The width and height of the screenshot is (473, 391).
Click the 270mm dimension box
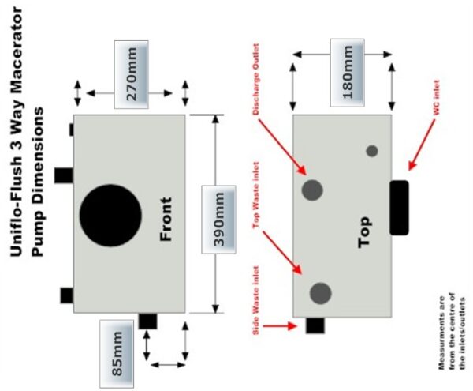(x=131, y=74)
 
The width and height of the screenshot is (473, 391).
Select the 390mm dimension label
(x=218, y=220)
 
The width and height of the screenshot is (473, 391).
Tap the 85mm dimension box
(x=117, y=354)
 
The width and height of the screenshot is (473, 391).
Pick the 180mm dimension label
(x=347, y=73)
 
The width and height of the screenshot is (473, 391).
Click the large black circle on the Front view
(x=110, y=216)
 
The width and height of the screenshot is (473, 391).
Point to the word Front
(x=166, y=220)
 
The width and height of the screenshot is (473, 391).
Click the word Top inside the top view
(x=364, y=232)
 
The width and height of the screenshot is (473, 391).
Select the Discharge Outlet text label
(x=256, y=79)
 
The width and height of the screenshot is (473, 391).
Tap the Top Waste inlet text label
(x=256, y=195)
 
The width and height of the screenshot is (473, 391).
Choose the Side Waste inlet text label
(x=256, y=300)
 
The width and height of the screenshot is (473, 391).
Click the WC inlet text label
(x=436, y=97)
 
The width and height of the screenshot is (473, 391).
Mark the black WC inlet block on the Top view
(x=399, y=208)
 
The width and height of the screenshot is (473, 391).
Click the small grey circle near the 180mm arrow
(x=372, y=151)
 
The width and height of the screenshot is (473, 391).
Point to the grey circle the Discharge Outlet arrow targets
(x=312, y=190)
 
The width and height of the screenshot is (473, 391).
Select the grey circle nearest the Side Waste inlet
(x=320, y=293)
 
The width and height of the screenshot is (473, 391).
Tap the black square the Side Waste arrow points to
(x=315, y=325)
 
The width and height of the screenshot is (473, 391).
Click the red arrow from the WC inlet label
(x=422, y=145)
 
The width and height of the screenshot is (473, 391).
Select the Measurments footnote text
(x=453, y=332)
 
